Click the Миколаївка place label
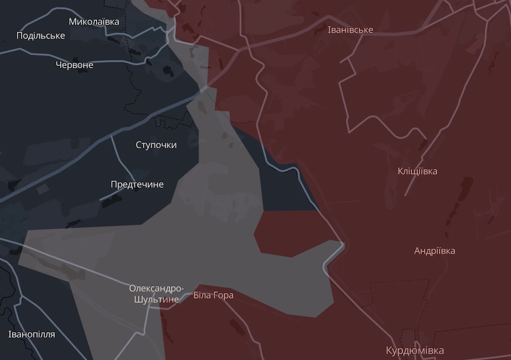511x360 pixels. tap(94, 22)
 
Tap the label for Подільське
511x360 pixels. tap(41, 36)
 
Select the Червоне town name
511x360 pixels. tap(74, 65)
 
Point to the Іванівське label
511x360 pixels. tap(350, 30)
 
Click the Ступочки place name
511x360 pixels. tap(156, 145)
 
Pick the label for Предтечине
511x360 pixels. tap(137, 185)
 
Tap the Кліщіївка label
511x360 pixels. tap(417, 171)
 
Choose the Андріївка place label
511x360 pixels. tap(434, 251)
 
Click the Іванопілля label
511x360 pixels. tap(32, 334)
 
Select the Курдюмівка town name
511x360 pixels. tap(414, 350)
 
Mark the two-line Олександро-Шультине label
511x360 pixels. tap(156, 294)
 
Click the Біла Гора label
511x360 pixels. tap(213, 295)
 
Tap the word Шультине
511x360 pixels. tap(156, 299)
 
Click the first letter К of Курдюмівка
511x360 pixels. tap(389, 350)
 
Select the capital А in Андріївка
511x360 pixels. tap(418, 251)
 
